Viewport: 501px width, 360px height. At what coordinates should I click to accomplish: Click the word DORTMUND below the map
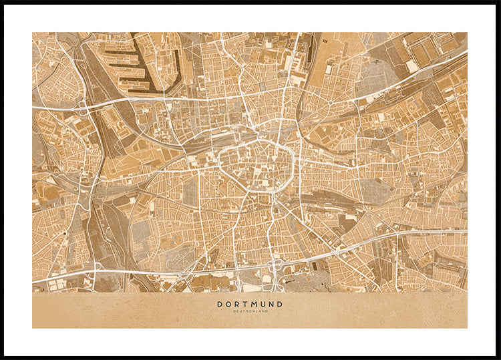click(250, 304)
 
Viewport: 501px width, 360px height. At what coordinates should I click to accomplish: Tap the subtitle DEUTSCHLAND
click(250, 311)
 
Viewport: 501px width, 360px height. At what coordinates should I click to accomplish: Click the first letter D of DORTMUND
click(220, 304)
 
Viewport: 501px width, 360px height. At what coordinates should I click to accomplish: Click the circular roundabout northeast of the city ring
click(330, 103)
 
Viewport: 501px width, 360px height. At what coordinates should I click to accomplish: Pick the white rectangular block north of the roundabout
click(329, 69)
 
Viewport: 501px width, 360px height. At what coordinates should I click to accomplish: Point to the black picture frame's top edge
click(251, 2)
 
